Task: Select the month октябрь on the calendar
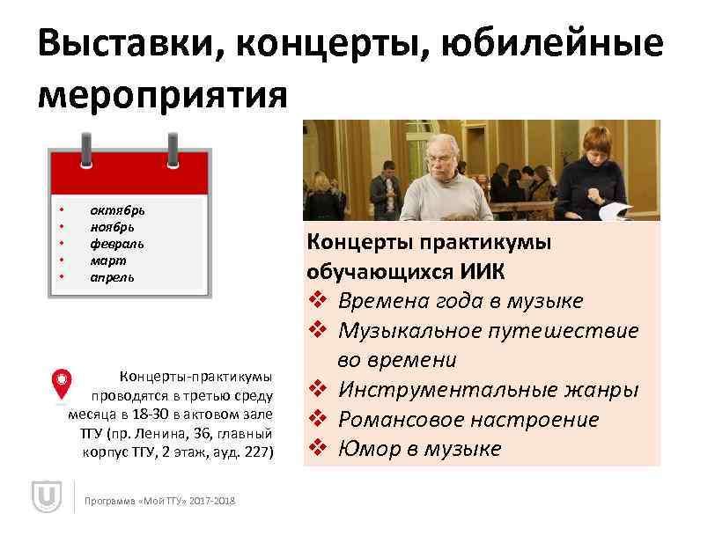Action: pos(118,209)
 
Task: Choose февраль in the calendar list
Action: pos(117,243)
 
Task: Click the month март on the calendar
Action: pos(108,261)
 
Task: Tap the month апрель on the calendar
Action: pos(113,277)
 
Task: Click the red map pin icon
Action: pos(60,384)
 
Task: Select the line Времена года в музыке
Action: pos(460,301)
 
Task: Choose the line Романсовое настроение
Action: pos(468,420)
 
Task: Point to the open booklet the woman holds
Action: pos(615,211)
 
